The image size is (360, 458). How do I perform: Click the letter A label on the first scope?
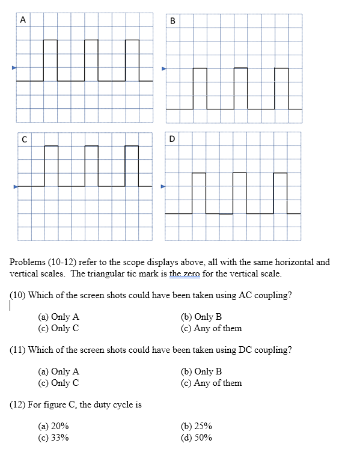click(x=23, y=20)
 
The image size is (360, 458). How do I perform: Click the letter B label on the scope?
click(x=172, y=21)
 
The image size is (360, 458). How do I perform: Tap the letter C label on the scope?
click(x=23, y=139)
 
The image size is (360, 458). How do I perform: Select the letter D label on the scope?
click(x=172, y=139)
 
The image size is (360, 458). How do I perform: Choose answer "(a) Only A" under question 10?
click(x=58, y=317)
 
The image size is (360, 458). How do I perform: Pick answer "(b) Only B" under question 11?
click(x=201, y=371)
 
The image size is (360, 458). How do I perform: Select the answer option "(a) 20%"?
click(x=53, y=426)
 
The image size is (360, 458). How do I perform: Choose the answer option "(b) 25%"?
click(x=196, y=426)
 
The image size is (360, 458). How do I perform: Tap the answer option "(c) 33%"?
click(x=53, y=438)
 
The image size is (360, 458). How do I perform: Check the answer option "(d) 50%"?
click(x=196, y=438)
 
